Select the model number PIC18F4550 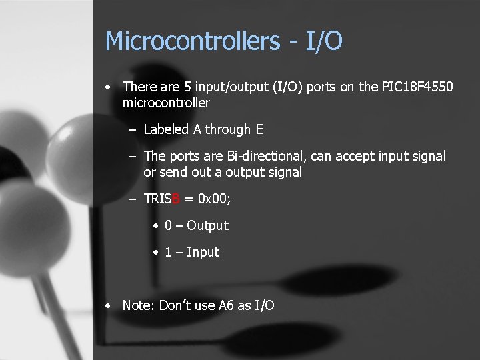click(417, 87)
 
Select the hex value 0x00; click(215, 199)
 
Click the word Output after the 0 click(207, 225)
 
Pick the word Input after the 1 click(203, 252)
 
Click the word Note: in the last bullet click(138, 305)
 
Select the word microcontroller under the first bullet click(166, 103)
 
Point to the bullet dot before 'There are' click(108, 87)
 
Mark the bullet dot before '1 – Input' click(155, 253)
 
